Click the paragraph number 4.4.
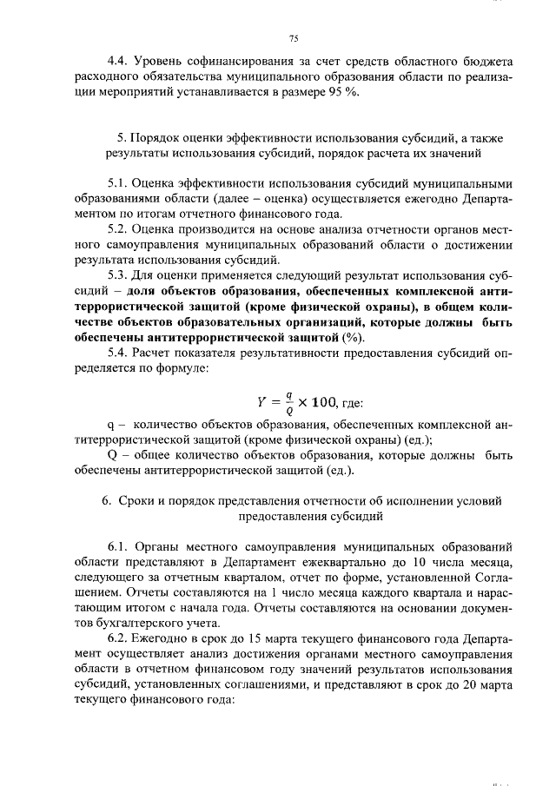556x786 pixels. pyautogui.click(x=117, y=62)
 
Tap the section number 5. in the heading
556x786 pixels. pyautogui.click(x=121, y=138)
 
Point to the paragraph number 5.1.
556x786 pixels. pyautogui.click(x=118, y=184)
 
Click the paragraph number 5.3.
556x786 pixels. pyautogui.click(x=118, y=275)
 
